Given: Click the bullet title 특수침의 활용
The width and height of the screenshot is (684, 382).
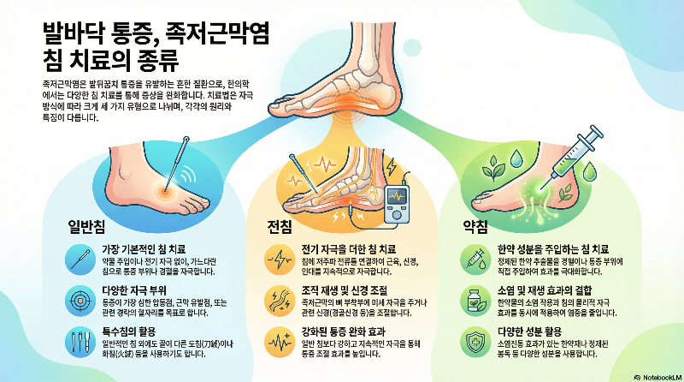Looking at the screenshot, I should pyautogui.click(x=127, y=331).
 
